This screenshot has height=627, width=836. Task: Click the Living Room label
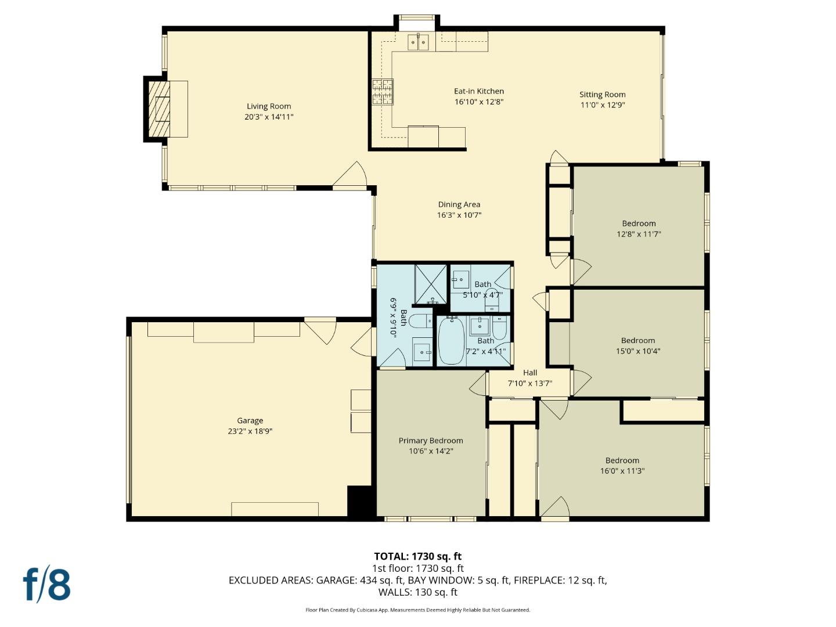tap(269, 106)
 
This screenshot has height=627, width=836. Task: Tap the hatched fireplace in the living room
tap(159, 109)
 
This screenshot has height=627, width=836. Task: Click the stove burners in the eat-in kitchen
tap(382, 92)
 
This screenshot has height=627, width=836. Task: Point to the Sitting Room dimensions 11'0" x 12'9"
tap(602, 105)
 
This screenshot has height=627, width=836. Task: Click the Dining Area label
tap(459, 204)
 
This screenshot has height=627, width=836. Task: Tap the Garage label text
tap(250, 420)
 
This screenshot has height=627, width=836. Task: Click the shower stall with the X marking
tap(430, 284)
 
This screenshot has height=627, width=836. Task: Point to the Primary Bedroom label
tap(430, 441)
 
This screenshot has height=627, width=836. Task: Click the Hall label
tap(529, 373)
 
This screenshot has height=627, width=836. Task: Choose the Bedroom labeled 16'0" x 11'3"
tap(622, 466)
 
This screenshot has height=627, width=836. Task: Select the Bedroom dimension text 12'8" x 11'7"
tap(639, 234)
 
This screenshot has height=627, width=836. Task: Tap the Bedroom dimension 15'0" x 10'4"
tap(637, 351)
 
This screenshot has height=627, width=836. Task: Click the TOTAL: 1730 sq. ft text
tap(417, 556)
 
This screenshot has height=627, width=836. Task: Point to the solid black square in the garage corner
tap(359, 502)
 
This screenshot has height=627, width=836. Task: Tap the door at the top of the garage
tap(321, 329)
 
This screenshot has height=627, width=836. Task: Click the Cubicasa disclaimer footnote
tap(417, 610)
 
